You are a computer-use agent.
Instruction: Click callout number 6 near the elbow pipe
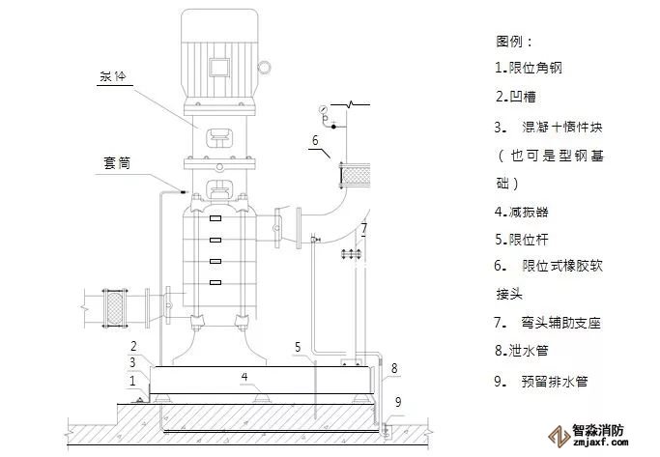[x=314, y=141]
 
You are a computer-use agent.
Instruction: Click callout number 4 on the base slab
[x=244, y=376]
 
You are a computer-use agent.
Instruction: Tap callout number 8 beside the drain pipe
[x=394, y=368]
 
